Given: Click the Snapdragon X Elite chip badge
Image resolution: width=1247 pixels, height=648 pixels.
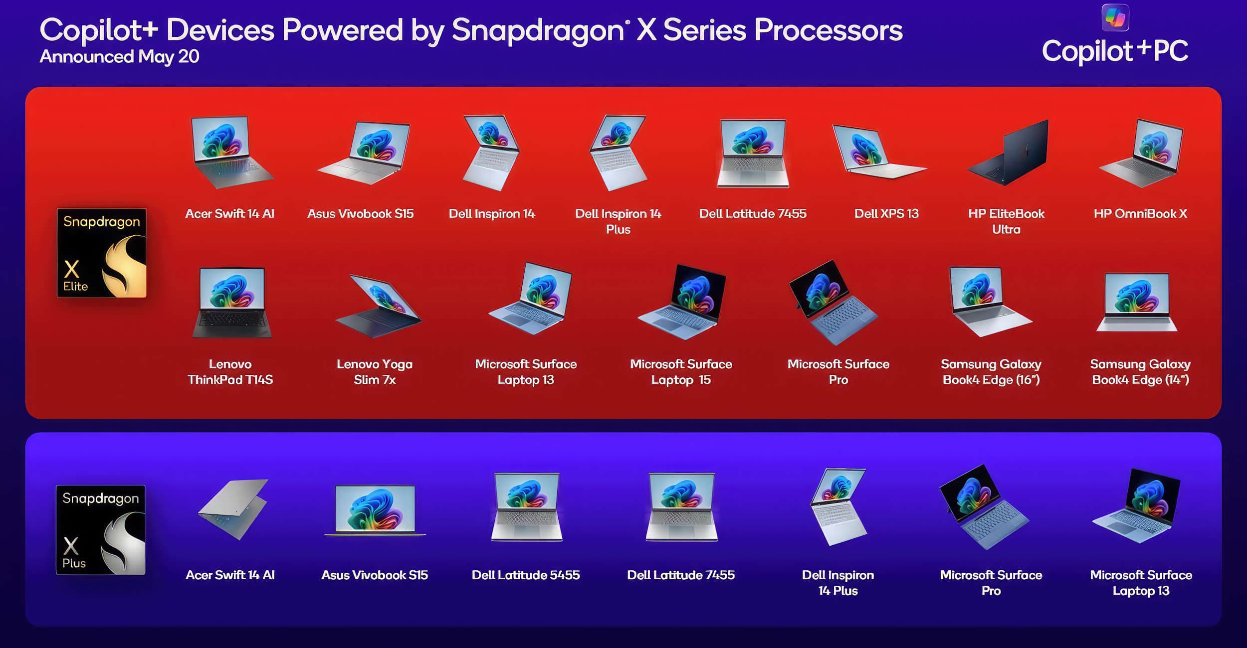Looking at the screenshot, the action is [102, 253].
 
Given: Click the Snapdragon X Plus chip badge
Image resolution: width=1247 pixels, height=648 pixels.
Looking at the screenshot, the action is [101, 530].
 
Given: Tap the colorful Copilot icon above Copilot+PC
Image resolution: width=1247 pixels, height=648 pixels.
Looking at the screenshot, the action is [1115, 17].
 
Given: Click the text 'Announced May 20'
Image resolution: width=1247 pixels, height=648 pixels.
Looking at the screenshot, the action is [120, 56].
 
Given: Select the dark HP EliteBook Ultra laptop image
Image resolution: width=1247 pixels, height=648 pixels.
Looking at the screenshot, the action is [1008, 152].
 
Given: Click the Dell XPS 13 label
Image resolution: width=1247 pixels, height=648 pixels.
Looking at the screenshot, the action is [886, 214].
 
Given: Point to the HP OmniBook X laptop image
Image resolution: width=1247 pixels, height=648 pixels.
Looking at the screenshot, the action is [1141, 152].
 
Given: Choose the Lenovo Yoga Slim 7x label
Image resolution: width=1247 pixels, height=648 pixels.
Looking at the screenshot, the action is [375, 372].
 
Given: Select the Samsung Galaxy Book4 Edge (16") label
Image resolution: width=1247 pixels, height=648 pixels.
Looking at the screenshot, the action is [991, 372].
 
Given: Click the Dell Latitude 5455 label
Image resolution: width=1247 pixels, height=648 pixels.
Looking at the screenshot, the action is [526, 575].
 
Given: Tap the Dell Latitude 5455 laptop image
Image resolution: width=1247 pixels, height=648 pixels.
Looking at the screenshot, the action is [527, 507].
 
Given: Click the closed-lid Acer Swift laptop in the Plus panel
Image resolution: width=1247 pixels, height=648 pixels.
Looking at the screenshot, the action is [233, 509].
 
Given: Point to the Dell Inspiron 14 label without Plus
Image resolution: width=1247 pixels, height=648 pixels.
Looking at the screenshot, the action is [492, 214].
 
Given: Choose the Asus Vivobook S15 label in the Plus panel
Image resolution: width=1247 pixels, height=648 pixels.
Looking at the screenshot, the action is [375, 575].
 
